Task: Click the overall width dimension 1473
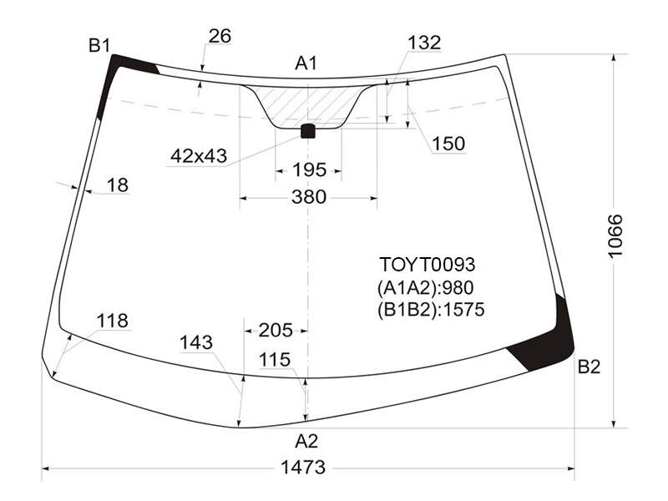[303, 468]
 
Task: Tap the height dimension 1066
[615, 236]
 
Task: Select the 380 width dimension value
[309, 197]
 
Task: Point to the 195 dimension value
[309, 170]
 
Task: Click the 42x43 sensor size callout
[199, 156]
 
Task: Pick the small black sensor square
[308, 131]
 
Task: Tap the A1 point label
[306, 63]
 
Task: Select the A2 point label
[306, 442]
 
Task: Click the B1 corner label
[99, 45]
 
